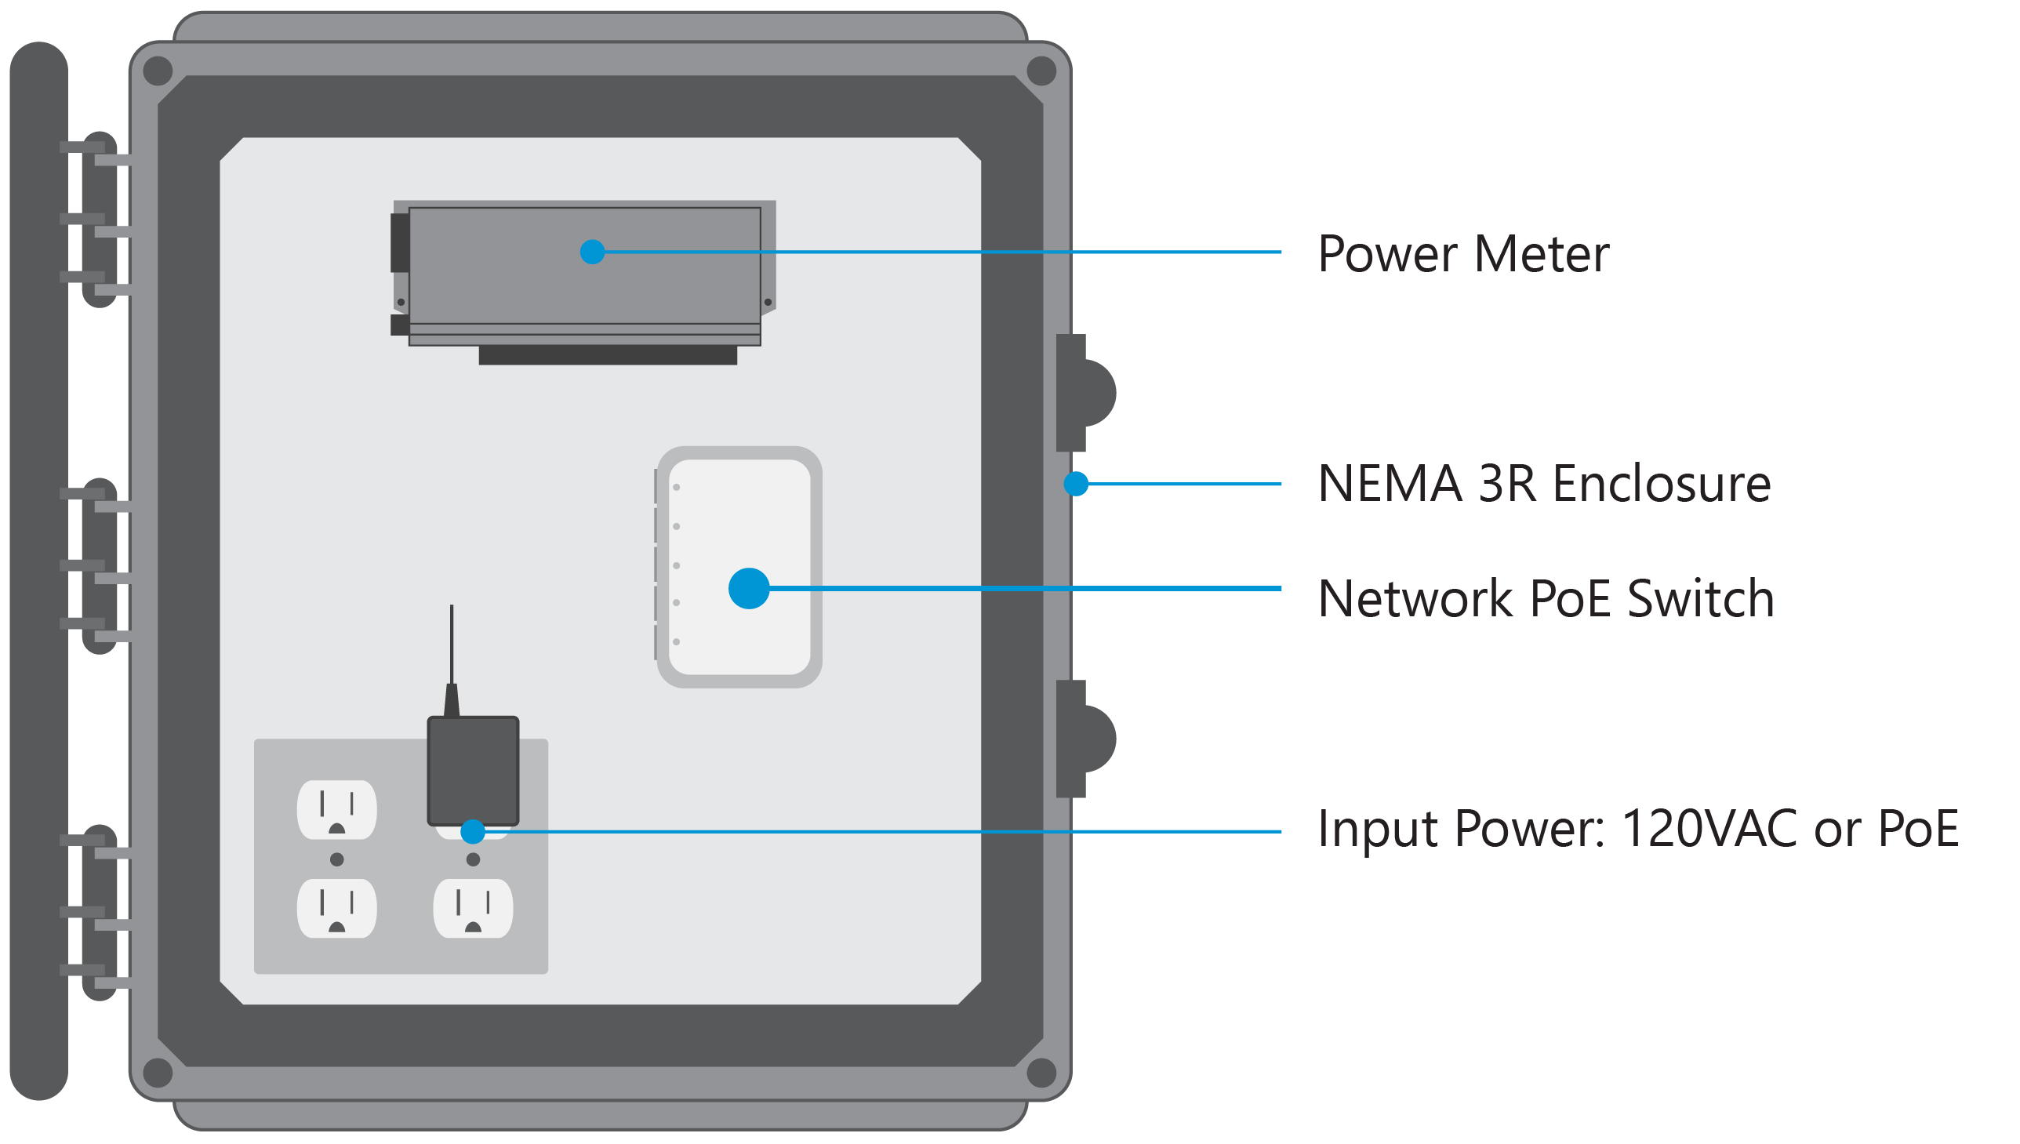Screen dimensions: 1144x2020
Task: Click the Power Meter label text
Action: (1462, 254)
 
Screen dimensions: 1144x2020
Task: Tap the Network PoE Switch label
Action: (1545, 599)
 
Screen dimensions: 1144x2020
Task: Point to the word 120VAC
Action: (1708, 829)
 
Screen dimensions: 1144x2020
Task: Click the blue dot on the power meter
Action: (592, 252)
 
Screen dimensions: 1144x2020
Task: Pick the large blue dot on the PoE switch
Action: (748, 589)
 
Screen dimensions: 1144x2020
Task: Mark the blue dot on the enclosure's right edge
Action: (1076, 484)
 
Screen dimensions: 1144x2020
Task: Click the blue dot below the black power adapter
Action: (473, 831)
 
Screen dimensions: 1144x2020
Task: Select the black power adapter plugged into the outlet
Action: (473, 770)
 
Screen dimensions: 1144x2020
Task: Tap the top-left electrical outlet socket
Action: (336, 810)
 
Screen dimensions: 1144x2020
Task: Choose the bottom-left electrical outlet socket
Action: (336, 909)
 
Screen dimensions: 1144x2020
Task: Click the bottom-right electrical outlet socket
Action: (473, 909)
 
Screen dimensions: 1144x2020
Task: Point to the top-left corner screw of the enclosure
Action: (158, 71)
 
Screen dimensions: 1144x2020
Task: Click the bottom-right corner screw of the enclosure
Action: (1042, 1073)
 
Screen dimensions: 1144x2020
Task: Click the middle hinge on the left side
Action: (99, 565)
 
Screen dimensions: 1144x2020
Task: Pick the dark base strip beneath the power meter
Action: (608, 356)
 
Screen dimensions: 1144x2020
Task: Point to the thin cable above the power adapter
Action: (451, 645)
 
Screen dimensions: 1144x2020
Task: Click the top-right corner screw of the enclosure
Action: (1042, 71)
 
